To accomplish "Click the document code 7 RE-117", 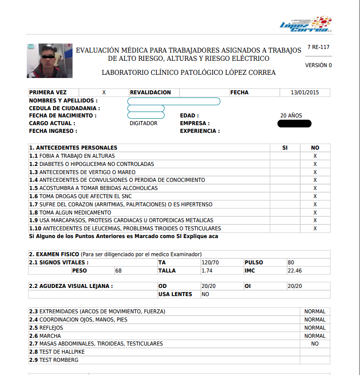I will point(318,47).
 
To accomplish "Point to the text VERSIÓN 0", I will point(318,65).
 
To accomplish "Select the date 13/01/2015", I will point(305,93).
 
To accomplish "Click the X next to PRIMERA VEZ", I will point(104,93).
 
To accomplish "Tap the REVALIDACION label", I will point(151,93).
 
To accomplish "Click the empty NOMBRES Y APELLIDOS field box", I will point(174,101).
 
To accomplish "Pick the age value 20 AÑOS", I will point(291,116).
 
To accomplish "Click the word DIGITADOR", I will point(143,123).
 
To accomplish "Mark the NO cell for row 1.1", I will point(315,156).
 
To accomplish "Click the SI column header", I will point(285,148).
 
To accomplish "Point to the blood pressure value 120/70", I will point(210,263).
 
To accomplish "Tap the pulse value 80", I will point(291,263).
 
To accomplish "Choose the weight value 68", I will point(119,271).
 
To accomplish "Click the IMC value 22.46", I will point(295,271).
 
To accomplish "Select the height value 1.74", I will point(207,271).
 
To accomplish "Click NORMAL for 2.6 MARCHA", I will point(315,336).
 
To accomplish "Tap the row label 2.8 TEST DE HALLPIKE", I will point(57,352).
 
